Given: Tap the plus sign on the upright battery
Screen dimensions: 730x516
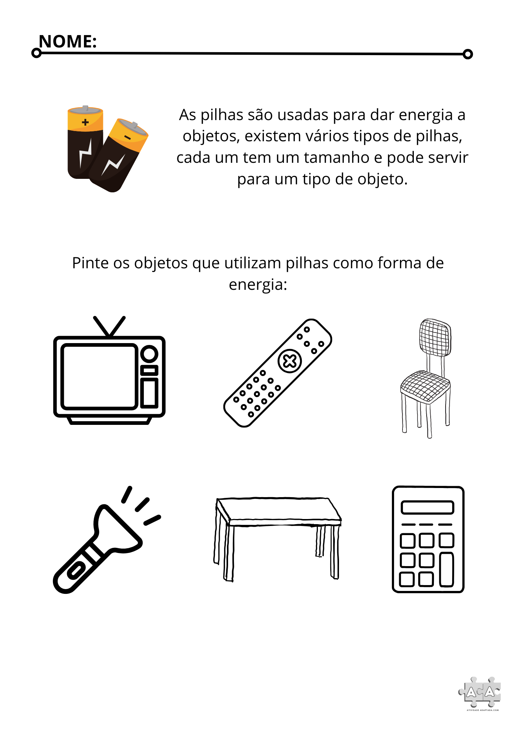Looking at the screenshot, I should point(85,122).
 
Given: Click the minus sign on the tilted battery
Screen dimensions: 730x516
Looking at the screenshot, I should point(127,137).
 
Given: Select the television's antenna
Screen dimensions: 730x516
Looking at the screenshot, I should point(109,326).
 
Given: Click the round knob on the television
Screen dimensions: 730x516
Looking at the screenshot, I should point(149,354).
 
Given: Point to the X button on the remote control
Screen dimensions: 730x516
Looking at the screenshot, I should point(290,361).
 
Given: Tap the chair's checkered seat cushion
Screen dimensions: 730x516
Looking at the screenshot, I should point(425,385).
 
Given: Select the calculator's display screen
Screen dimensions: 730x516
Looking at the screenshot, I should point(427,507).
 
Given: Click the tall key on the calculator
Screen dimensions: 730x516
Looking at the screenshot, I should point(447,569).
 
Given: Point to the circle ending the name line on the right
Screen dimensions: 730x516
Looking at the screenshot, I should point(467,54).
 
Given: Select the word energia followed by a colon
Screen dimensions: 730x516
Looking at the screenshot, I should point(258,285).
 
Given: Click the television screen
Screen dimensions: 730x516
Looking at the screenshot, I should point(99,376).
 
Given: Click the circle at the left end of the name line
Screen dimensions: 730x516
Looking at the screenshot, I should point(36,53).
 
